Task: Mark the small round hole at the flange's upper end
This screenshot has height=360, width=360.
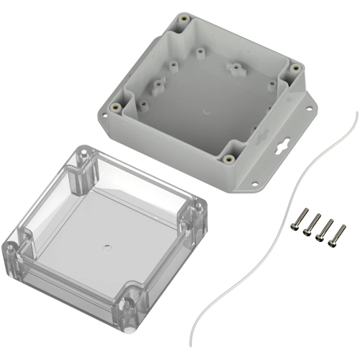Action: [x=311, y=111]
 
